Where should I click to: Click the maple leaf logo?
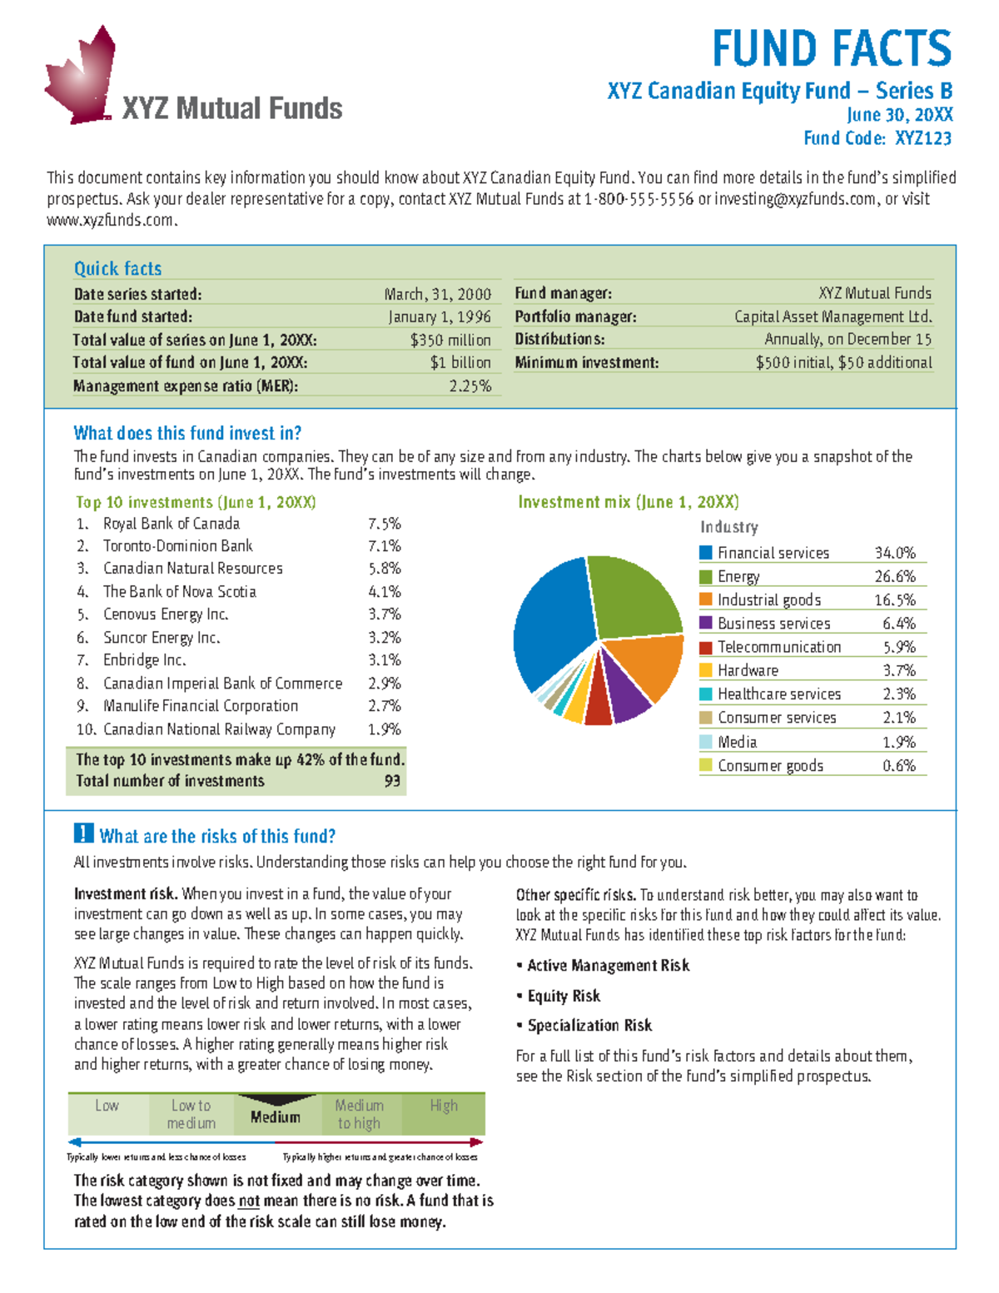(81, 77)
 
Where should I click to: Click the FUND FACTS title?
(831, 48)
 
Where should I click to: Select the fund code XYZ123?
(923, 138)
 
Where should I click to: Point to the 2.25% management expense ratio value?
(470, 385)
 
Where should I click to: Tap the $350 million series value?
(450, 340)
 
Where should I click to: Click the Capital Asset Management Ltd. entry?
(832, 316)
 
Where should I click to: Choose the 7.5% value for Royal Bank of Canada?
(385, 524)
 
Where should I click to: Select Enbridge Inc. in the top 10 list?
(144, 660)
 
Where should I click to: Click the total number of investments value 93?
(392, 781)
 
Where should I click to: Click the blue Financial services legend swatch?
(706, 553)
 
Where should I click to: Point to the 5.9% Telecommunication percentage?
(899, 647)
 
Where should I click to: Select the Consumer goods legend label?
(770, 766)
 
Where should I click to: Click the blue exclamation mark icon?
(83, 833)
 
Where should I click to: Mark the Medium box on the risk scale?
(276, 1116)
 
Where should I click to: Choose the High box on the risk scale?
(444, 1106)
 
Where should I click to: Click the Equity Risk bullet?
(564, 996)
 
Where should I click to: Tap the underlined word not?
(249, 1201)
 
